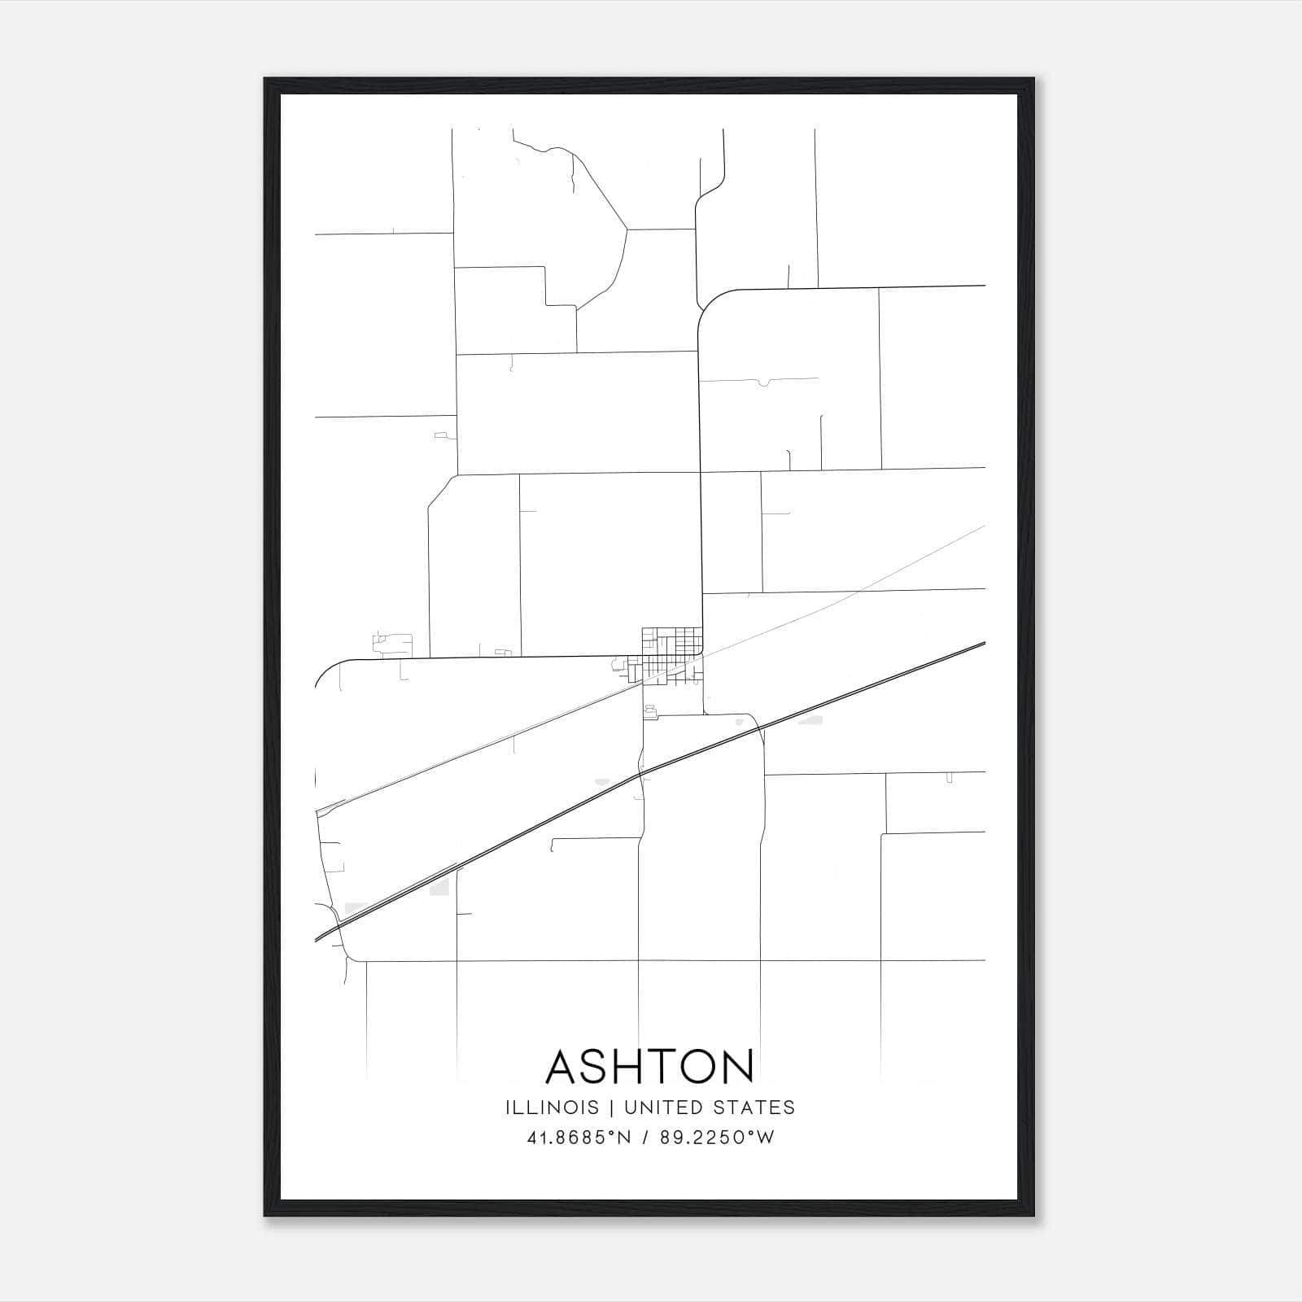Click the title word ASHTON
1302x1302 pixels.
point(650,1067)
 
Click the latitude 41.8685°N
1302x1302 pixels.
point(579,1138)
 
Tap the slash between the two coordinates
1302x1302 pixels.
point(645,1138)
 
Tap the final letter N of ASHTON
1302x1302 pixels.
point(737,1067)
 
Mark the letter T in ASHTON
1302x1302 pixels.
point(657,1067)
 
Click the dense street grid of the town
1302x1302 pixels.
point(669,651)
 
